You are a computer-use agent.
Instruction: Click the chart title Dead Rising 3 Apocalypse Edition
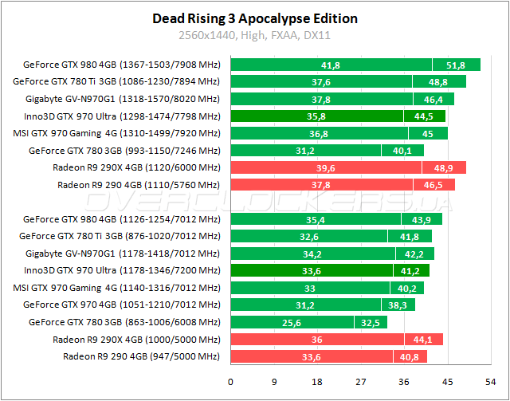pos(255,18)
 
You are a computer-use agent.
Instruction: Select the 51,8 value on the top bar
pos(457,65)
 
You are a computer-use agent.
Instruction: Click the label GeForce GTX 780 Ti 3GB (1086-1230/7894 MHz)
pos(116,81)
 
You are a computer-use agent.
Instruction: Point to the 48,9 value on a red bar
pos(445,167)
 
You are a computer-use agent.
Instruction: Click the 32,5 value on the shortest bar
pos(371,322)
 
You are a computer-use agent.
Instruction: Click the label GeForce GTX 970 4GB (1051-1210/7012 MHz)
pos(121,305)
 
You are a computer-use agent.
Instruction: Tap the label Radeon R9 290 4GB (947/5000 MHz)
pos(141,356)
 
